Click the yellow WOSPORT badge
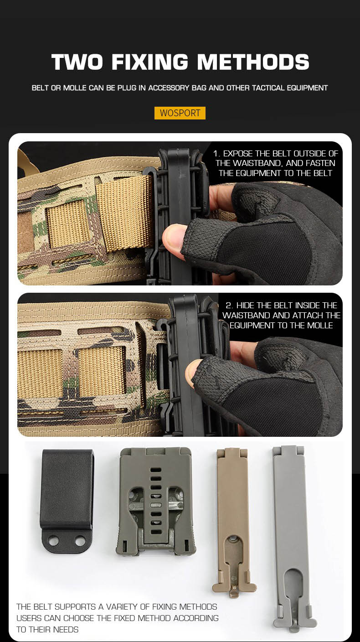(180, 113)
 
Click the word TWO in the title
(77, 62)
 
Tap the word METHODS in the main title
(253, 62)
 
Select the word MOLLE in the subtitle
(74, 88)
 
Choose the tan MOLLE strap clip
(234, 522)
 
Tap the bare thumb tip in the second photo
(192, 373)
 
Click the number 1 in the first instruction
(216, 154)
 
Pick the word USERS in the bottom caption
(29, 618)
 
